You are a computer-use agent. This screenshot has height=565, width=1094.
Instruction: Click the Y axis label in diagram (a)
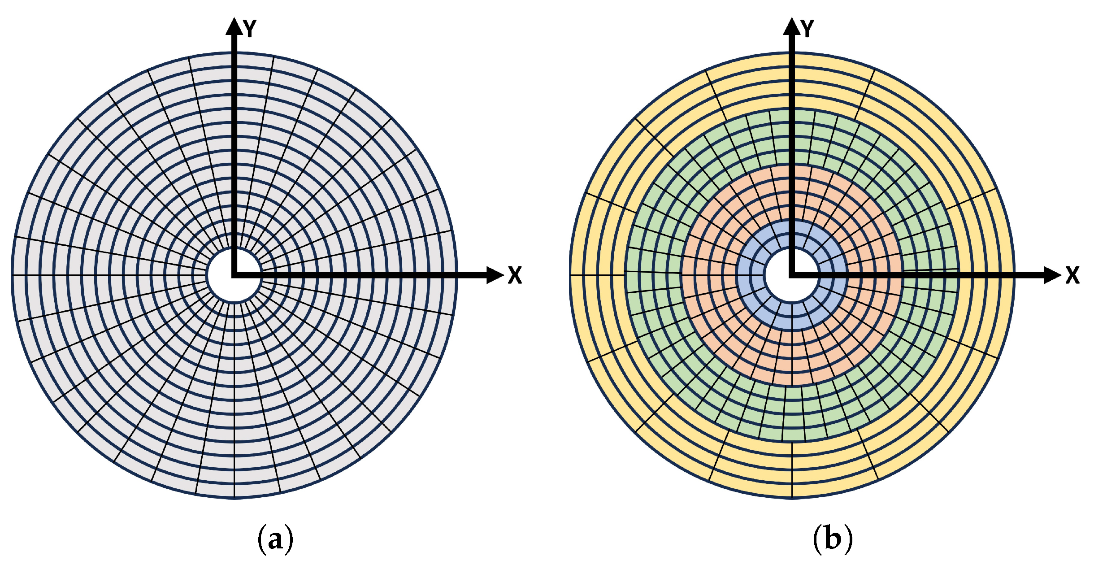click(x=250, y=29)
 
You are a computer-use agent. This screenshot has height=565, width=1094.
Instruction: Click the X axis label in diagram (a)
click(x=515, y=275)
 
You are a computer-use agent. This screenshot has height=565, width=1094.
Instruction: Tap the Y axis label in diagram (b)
click(x=807, y=29)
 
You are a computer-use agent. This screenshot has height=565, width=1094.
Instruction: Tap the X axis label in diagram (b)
click(x=1072, y=275)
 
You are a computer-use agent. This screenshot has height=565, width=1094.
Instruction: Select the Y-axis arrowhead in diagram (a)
click(x=234, y=27)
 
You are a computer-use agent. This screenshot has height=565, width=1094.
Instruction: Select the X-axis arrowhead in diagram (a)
click(x=495, y=275)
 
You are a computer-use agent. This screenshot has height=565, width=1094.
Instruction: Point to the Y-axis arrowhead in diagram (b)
click(x=792, y=27)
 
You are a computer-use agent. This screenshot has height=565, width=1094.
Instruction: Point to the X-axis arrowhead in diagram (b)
click(x=1052, y=275)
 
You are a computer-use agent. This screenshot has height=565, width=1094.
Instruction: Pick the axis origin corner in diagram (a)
click(x=234, y=275)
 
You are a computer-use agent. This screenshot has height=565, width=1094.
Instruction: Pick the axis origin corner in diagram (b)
click(x=792, y=275)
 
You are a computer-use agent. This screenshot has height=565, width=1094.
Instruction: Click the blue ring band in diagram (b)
click(x=753, y=305)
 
